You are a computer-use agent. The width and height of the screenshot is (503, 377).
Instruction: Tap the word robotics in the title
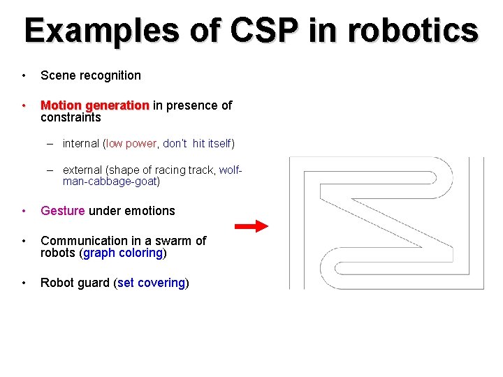[x=412, y=31]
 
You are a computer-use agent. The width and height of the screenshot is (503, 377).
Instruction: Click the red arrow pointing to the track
[x=251, y=226]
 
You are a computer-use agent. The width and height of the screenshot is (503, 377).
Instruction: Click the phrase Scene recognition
[x=91, y=75]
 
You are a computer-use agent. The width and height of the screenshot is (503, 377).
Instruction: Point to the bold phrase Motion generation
[x=95, y=105]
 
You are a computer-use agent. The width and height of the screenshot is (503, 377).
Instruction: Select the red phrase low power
[x=131, y=144]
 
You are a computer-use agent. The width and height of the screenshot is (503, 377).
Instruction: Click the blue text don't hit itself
[x=197, y=144]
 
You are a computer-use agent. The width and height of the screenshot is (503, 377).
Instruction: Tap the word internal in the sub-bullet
[x=82, y=144]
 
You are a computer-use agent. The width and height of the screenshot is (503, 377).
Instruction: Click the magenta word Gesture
[x=63, y=211]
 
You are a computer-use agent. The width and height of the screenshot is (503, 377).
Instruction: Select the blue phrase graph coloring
[x=122, y=253]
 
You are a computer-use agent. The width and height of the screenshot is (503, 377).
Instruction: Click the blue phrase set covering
[x=151, y=283]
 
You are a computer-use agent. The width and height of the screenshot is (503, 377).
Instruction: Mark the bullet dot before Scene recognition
[x=24, y=75]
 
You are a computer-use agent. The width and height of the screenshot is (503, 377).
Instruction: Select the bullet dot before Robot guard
[x=24, y=283]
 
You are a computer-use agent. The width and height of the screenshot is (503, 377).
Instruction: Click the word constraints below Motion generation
[x=71, y=118]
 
